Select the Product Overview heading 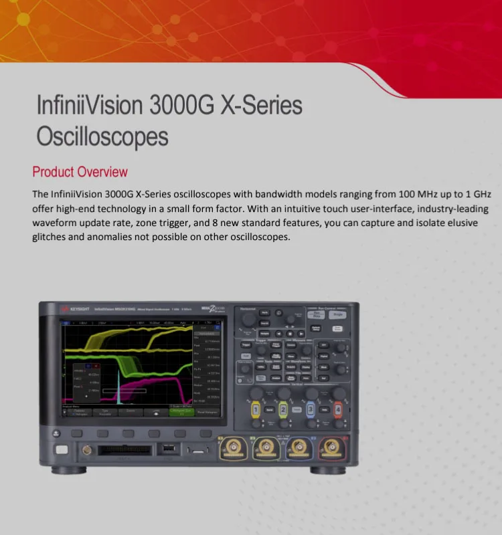[x=80, y=172]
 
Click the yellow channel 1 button [x=255, y=409]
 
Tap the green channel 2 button [x=282, y=409]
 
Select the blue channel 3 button [x=310, y=409]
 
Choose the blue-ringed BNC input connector [x=298, y=447]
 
